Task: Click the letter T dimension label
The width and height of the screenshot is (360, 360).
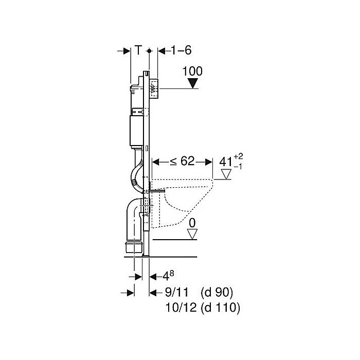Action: point(138,50)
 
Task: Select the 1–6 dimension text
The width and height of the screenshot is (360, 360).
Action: point(174,50)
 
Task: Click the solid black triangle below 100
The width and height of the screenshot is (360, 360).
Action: point(193,84)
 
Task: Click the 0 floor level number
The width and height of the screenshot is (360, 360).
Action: point(192,224)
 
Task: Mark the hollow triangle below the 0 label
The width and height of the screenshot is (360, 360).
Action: point(192,234)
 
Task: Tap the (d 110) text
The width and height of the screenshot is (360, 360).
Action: point(221,308)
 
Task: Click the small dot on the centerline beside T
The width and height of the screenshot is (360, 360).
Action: point(149,51)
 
